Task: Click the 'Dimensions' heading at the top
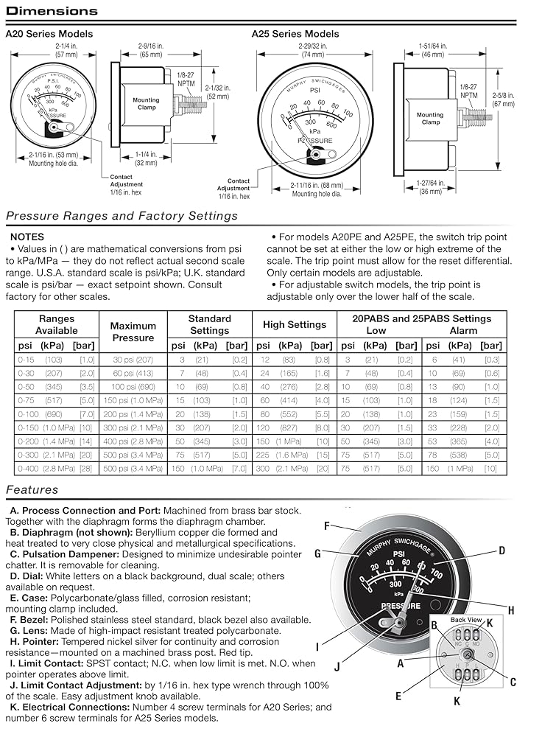(52, 11)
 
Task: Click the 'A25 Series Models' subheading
(295, 34)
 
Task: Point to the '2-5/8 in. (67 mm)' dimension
(503, 99)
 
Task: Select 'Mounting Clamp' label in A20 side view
(147, 103)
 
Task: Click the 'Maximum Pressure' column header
(133, 332)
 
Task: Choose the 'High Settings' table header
(294, 325)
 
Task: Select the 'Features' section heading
(32, 489)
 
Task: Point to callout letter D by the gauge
(501, 550)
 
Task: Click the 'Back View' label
(465, 620)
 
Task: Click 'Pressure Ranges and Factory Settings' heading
(122, 216)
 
